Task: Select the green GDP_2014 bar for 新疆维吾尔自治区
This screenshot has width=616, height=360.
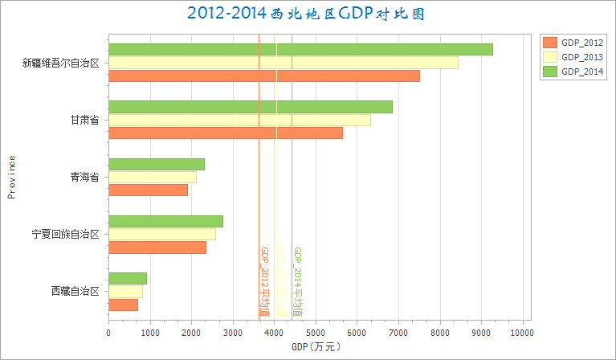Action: [x=300, y=49]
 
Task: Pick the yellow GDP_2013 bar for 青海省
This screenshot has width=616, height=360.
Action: [x=153, y=177]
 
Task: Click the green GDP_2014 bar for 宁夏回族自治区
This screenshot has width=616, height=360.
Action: [x=165, y=221]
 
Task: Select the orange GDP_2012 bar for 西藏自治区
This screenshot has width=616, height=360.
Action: [x=123, y=305]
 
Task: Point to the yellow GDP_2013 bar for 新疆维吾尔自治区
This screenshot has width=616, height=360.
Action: [x=283, y=63]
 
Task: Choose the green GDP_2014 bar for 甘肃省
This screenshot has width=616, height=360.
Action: [x=251, y=107]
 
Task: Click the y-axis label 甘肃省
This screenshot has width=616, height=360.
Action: [x=85, y=120]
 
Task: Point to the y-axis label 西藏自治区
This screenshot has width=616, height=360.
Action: [x=75, y=292]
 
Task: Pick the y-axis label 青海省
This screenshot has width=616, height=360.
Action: [x=85, y=177]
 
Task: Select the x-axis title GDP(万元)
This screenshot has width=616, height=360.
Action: [x=316, y=347]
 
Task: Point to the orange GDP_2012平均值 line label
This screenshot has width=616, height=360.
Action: [x=264, y=281]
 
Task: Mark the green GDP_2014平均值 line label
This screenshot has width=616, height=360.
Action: [x=297, y=281]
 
